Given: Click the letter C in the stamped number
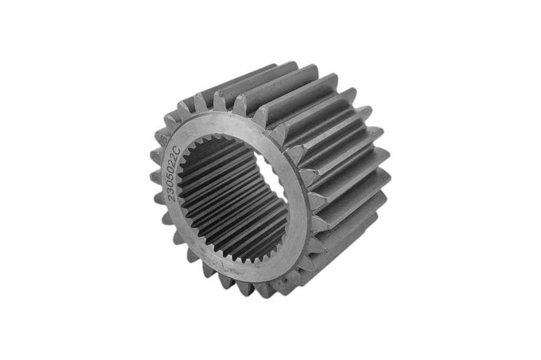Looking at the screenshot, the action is pos(176,149).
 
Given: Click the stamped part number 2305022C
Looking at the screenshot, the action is pos(173,174).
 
